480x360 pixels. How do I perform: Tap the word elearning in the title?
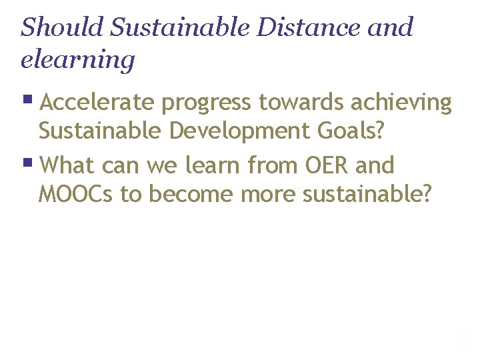77,60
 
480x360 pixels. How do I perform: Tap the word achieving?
404,103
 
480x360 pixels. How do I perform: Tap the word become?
193,194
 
